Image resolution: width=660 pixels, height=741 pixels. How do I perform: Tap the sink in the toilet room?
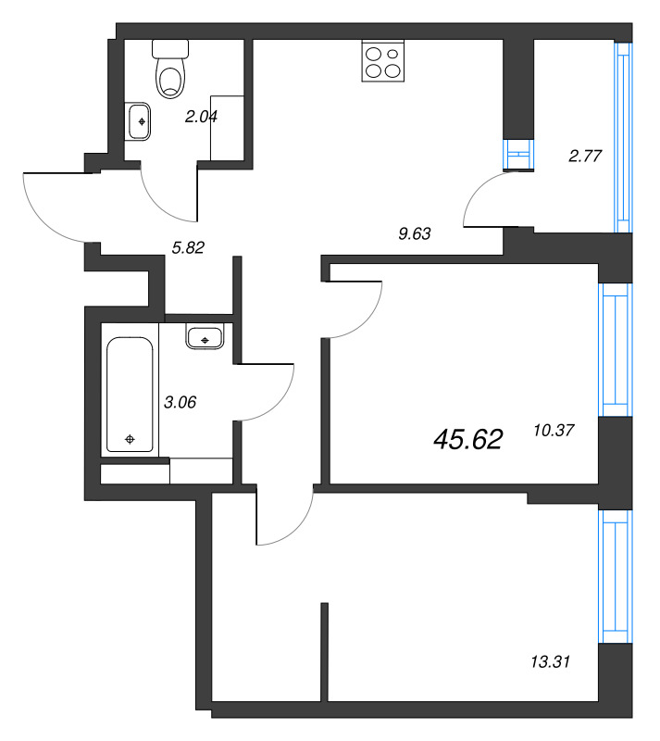click(138, 122)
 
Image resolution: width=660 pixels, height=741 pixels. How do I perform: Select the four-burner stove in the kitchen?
click(383, 61)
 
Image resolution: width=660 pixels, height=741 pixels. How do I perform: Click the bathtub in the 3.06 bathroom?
click(130, 395)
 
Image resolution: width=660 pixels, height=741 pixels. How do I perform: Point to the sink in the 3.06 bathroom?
click(205, 336)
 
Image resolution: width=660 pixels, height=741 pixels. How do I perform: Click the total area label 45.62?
click(467, 439)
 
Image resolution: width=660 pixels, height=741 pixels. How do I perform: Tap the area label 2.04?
click(201, 117)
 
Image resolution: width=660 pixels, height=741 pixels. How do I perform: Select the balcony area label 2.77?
click(585, 156)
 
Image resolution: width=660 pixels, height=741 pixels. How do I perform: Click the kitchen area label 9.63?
click(415, 233)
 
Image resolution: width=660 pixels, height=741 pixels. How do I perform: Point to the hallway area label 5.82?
click(188, 247)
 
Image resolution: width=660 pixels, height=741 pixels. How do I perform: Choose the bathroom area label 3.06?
click(180, 402)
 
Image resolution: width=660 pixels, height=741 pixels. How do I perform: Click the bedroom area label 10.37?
click(554, 430)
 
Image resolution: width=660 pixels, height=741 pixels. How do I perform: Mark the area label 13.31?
click(550, 661)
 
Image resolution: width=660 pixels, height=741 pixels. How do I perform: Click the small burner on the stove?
click(392, 54)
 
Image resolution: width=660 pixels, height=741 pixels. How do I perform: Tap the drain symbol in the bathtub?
click(130, 439)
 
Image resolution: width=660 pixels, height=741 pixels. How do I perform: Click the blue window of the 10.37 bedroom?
click(616, 350)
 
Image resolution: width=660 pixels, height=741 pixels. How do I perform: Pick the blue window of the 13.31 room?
click(616, 576)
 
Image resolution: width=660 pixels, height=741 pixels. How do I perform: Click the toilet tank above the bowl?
click(170, 49)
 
